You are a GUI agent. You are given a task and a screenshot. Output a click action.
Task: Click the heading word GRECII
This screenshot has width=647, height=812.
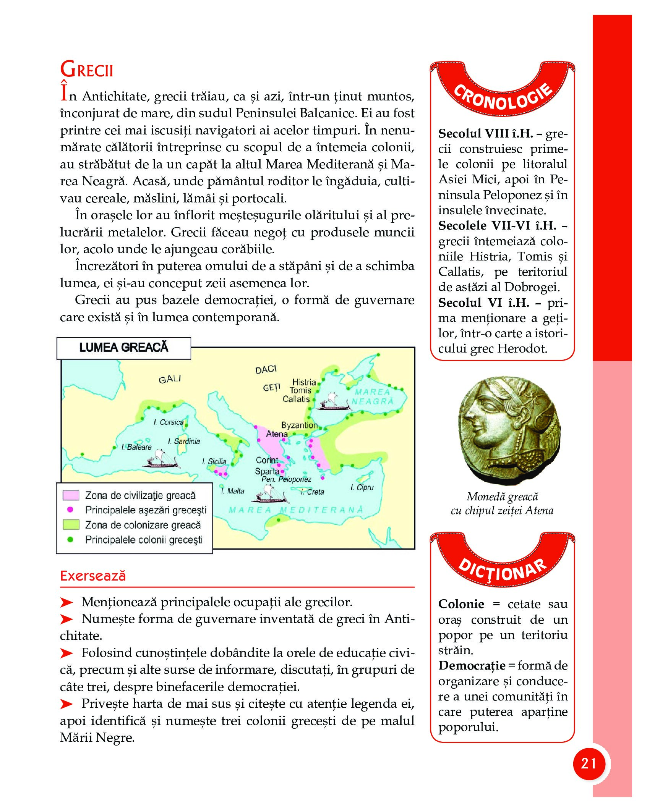[x=87, y=70]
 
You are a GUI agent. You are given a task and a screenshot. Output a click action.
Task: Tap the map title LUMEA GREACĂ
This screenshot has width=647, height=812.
[x=123, y=347]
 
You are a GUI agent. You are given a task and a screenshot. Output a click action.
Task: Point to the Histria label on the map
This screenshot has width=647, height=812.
[x=304, y=382]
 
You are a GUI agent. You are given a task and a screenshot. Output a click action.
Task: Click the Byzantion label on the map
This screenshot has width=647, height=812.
[x=299, y=425]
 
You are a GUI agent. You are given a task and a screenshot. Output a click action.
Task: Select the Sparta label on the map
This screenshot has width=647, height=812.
[x=267, y=471]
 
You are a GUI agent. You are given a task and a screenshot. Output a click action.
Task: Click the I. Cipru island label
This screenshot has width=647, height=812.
[x=362, y=487]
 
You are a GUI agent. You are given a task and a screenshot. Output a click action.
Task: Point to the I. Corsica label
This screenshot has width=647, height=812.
[x=169, y=422]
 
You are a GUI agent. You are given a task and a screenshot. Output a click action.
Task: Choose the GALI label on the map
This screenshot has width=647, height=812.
[x=170, y=379]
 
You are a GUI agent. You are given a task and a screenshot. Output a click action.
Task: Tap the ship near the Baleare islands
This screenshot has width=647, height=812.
[x=162, y=460]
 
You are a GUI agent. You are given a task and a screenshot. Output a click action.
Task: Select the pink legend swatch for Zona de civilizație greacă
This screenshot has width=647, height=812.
[x=71, y=495]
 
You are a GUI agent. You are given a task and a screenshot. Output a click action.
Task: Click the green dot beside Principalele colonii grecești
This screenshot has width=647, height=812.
[x=70, y=540]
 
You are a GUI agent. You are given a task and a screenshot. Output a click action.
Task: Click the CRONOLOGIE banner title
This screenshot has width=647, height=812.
[x=503, y=98]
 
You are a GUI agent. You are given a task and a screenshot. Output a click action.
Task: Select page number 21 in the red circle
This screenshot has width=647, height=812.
[x=589, y=763]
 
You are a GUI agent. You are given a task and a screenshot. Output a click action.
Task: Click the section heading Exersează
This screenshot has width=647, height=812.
[x=93, y=576]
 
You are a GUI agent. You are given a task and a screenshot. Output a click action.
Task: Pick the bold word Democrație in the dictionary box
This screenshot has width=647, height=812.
[x=472, y=666]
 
